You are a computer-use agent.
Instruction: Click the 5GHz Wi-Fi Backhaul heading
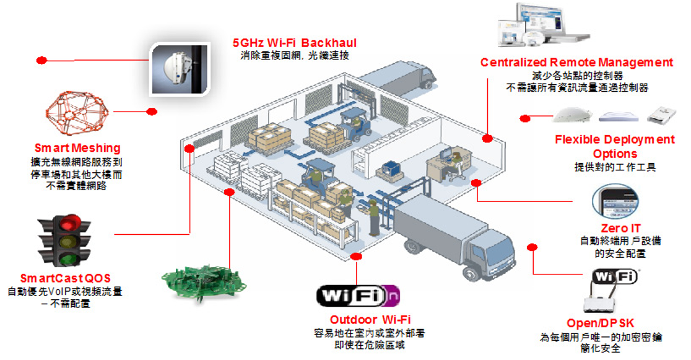click(295, 43)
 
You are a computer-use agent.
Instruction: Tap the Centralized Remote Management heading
click(576, 63)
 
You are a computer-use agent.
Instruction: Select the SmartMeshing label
click(77, 149)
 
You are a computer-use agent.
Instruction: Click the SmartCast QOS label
click(65, 278)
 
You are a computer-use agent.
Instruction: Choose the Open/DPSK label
click(600, 323)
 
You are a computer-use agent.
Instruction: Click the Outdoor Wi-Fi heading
click(370, 320)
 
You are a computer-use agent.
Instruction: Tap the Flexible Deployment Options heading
click(614, 146)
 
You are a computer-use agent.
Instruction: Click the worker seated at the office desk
click(456, 163)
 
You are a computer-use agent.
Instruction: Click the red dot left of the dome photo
click(41, 60)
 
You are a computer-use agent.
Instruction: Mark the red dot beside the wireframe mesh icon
click(152, 112)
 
